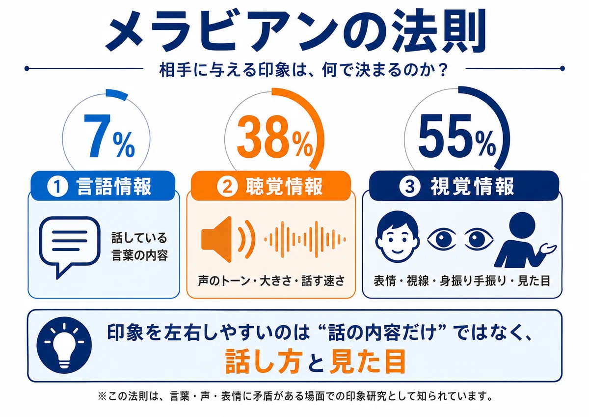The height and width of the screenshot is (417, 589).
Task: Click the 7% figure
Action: pos(109,137)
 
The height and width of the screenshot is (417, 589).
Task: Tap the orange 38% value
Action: pos(275,137)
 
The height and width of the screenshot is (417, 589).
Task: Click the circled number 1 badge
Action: pos(57,187)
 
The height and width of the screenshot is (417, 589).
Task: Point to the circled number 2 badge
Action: pos(227,187)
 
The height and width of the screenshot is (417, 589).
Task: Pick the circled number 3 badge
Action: pos(410,187)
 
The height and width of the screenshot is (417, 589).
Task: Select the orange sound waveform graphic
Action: pos(305,239)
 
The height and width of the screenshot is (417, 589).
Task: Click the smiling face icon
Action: pos(397,236)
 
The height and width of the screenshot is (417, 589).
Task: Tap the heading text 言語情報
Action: pos(114,187)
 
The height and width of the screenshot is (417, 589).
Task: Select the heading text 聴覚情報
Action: pos(284,187)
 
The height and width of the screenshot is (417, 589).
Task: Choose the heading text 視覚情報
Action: pos(472,187)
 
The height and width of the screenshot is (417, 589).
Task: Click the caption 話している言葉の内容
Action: pos(139,247)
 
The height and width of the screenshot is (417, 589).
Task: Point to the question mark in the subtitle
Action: pos(443,69)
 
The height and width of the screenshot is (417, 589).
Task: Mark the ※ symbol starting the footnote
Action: pos(102,396)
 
